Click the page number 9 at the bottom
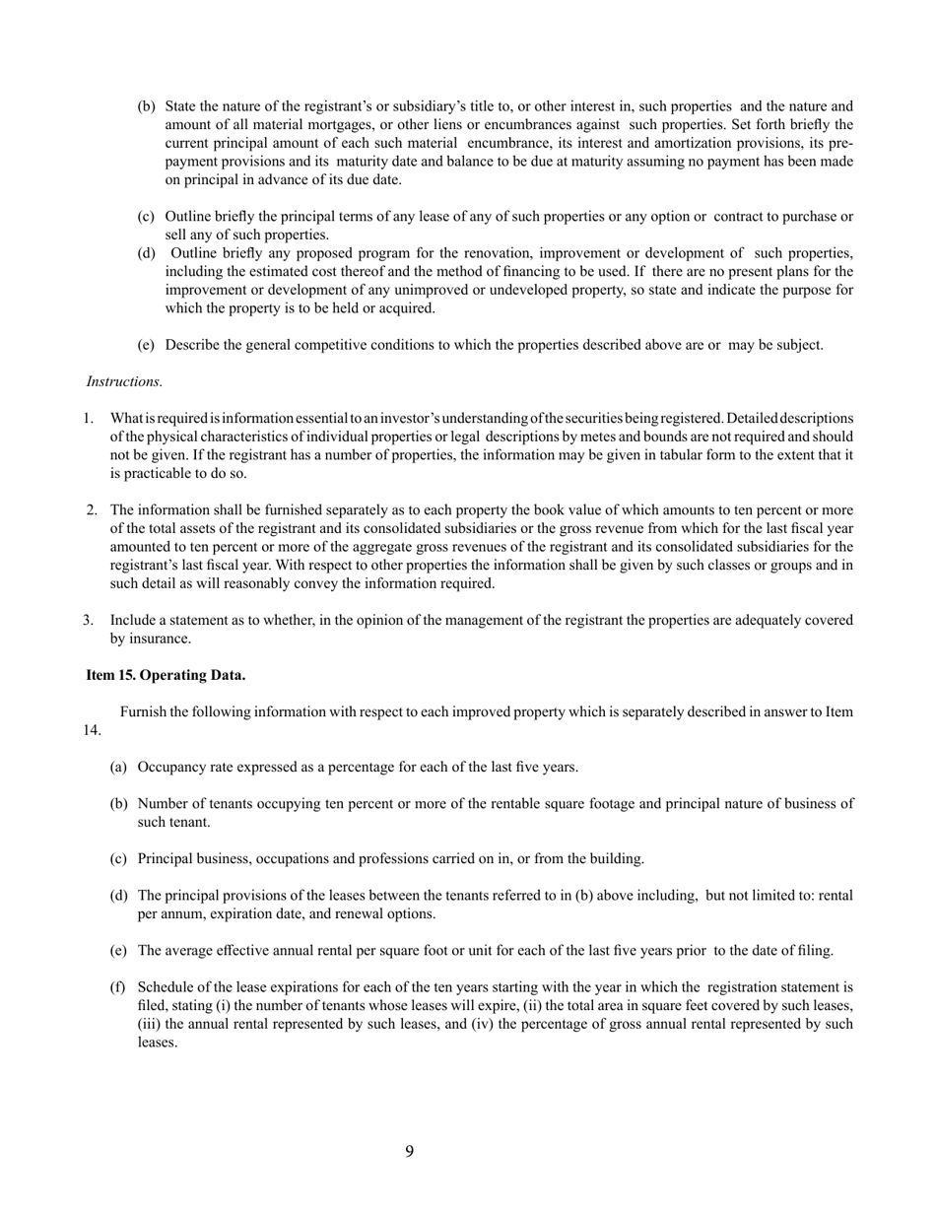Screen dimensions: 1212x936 coord(409,1152)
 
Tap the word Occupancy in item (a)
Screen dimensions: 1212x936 coord(169,767)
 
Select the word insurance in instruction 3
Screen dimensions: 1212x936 coord(139,639)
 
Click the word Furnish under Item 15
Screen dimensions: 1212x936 coord(143,711)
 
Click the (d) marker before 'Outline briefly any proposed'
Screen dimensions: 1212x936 coord(146,253)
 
